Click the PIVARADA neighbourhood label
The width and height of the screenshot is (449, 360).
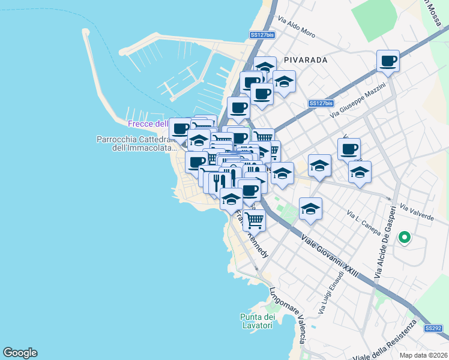(306, 60)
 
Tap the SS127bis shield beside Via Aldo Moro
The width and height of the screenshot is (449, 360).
(262, 35)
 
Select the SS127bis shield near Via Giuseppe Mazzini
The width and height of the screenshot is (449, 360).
(321, 103)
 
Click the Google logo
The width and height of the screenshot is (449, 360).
(20, 353)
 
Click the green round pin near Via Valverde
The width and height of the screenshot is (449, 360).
(404, 238)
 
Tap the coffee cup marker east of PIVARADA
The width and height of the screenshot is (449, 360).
(388, 60)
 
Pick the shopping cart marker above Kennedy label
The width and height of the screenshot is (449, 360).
(255, 220)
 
